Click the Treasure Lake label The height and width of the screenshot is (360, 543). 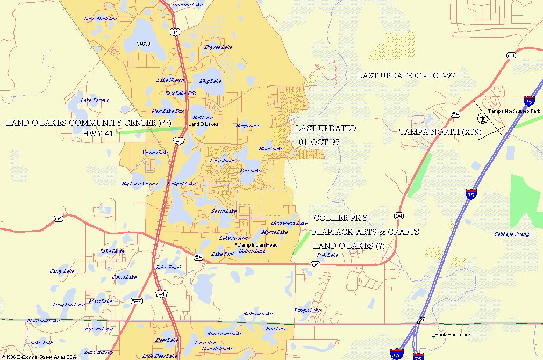(187, 5)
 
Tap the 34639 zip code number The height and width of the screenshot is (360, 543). (144, 44)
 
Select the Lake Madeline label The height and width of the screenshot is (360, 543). (100, 19)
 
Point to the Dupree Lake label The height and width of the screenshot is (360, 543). (218, 47)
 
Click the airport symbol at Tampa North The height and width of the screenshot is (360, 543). (482, 118)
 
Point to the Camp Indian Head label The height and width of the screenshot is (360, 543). (257, 245)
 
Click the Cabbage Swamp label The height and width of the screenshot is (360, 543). (512, 234)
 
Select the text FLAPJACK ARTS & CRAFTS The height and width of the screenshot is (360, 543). (366, 232)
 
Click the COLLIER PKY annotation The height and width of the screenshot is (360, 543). (340, 218)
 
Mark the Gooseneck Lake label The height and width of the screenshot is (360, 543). (289, 223)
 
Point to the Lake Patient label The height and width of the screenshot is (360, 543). (94, 100)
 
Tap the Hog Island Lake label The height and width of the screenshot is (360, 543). (224, 334)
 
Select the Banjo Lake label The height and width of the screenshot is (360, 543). (247, 126)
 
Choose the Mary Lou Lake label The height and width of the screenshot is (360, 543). (43, 321)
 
